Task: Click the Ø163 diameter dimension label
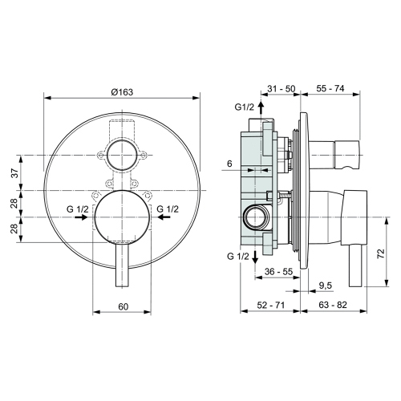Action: tap(121, 91)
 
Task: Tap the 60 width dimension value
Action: tap(123, 306)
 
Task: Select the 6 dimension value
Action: tap(229, 163)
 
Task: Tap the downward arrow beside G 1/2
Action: tap(256, 256)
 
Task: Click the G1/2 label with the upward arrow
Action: tap(245, 107)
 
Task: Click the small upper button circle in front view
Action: tap(121, 155)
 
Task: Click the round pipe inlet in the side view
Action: tap(254, 216)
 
